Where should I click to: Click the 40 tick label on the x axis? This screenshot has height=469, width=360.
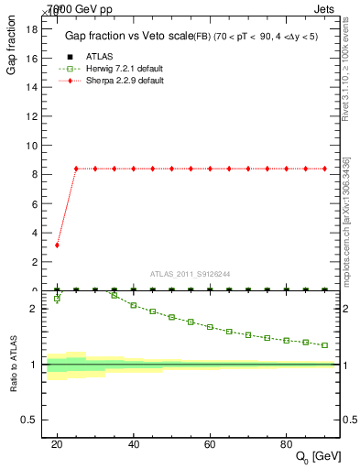tap(134, 443)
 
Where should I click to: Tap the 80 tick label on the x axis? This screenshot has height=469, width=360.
tap(287, 443)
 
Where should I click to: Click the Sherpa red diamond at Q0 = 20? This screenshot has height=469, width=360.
tap(57, 245)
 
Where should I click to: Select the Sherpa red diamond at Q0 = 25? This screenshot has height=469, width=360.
tap(76, 169)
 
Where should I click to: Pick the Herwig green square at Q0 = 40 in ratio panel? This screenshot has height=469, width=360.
tap(134, 305)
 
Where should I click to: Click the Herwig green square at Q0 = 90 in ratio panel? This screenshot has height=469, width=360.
tap(325, 345)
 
